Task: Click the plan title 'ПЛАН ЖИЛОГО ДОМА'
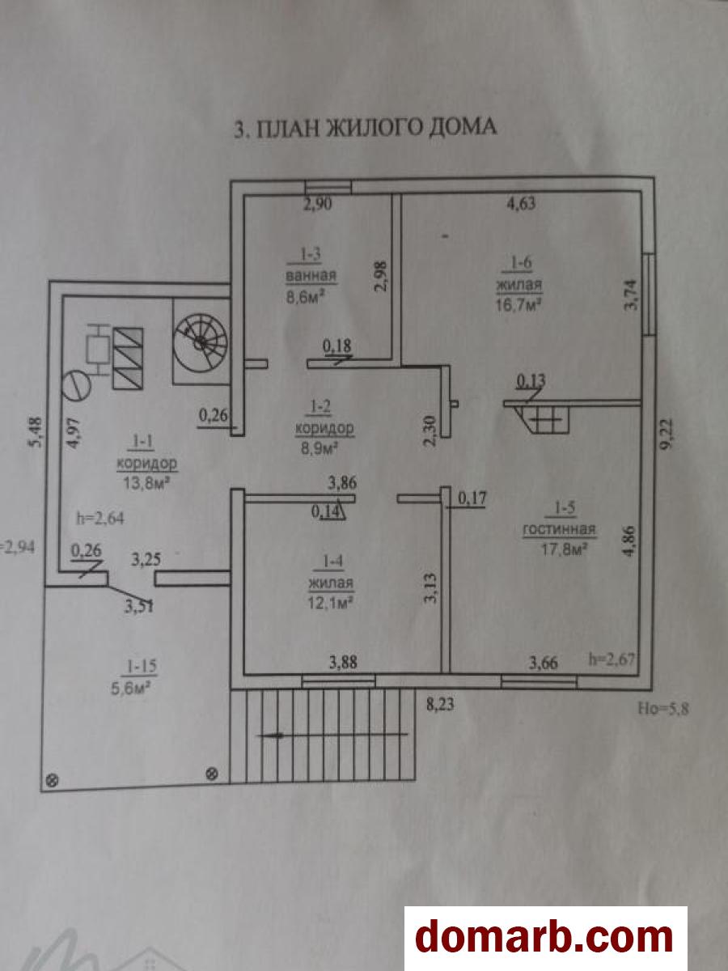point(365,129)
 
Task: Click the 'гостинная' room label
point(559,531)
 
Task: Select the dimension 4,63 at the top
point(522,204)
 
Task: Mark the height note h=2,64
point(101,515)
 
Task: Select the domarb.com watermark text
point(544,938)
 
